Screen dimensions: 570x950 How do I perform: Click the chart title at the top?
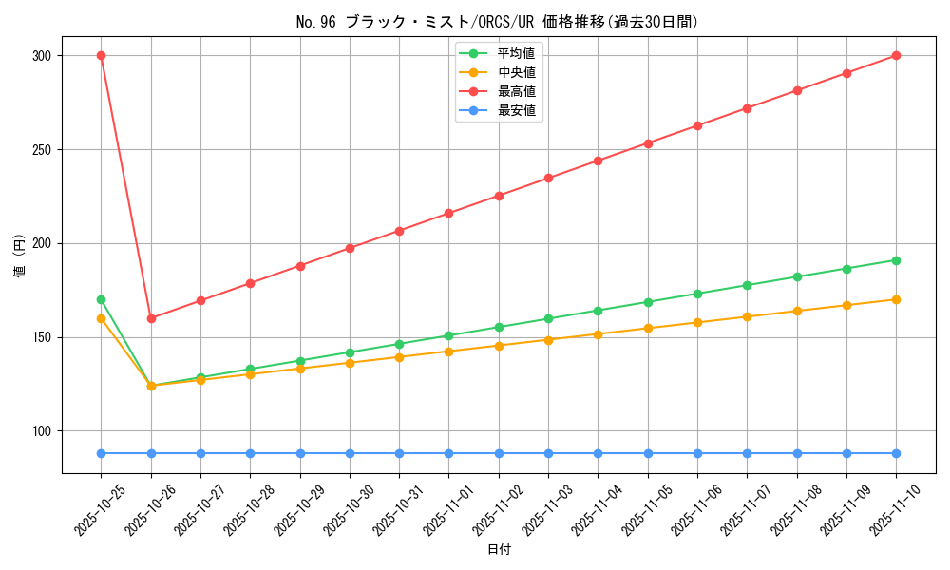[x=497, y=22]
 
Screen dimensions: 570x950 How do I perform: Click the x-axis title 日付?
[x=499, y=550]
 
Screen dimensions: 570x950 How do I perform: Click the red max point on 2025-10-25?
[x=101, y=55]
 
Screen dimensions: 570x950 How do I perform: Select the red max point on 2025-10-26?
[x=151, y=318]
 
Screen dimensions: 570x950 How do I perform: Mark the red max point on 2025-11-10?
[x=896, y=55]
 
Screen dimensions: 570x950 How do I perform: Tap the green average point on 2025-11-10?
[x=896, y=260]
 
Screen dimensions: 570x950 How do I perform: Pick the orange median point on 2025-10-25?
[x=101, y=318]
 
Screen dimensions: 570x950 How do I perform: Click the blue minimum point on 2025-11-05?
[x=648, y=453]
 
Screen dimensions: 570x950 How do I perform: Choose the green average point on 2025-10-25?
[x=101, y=299]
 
